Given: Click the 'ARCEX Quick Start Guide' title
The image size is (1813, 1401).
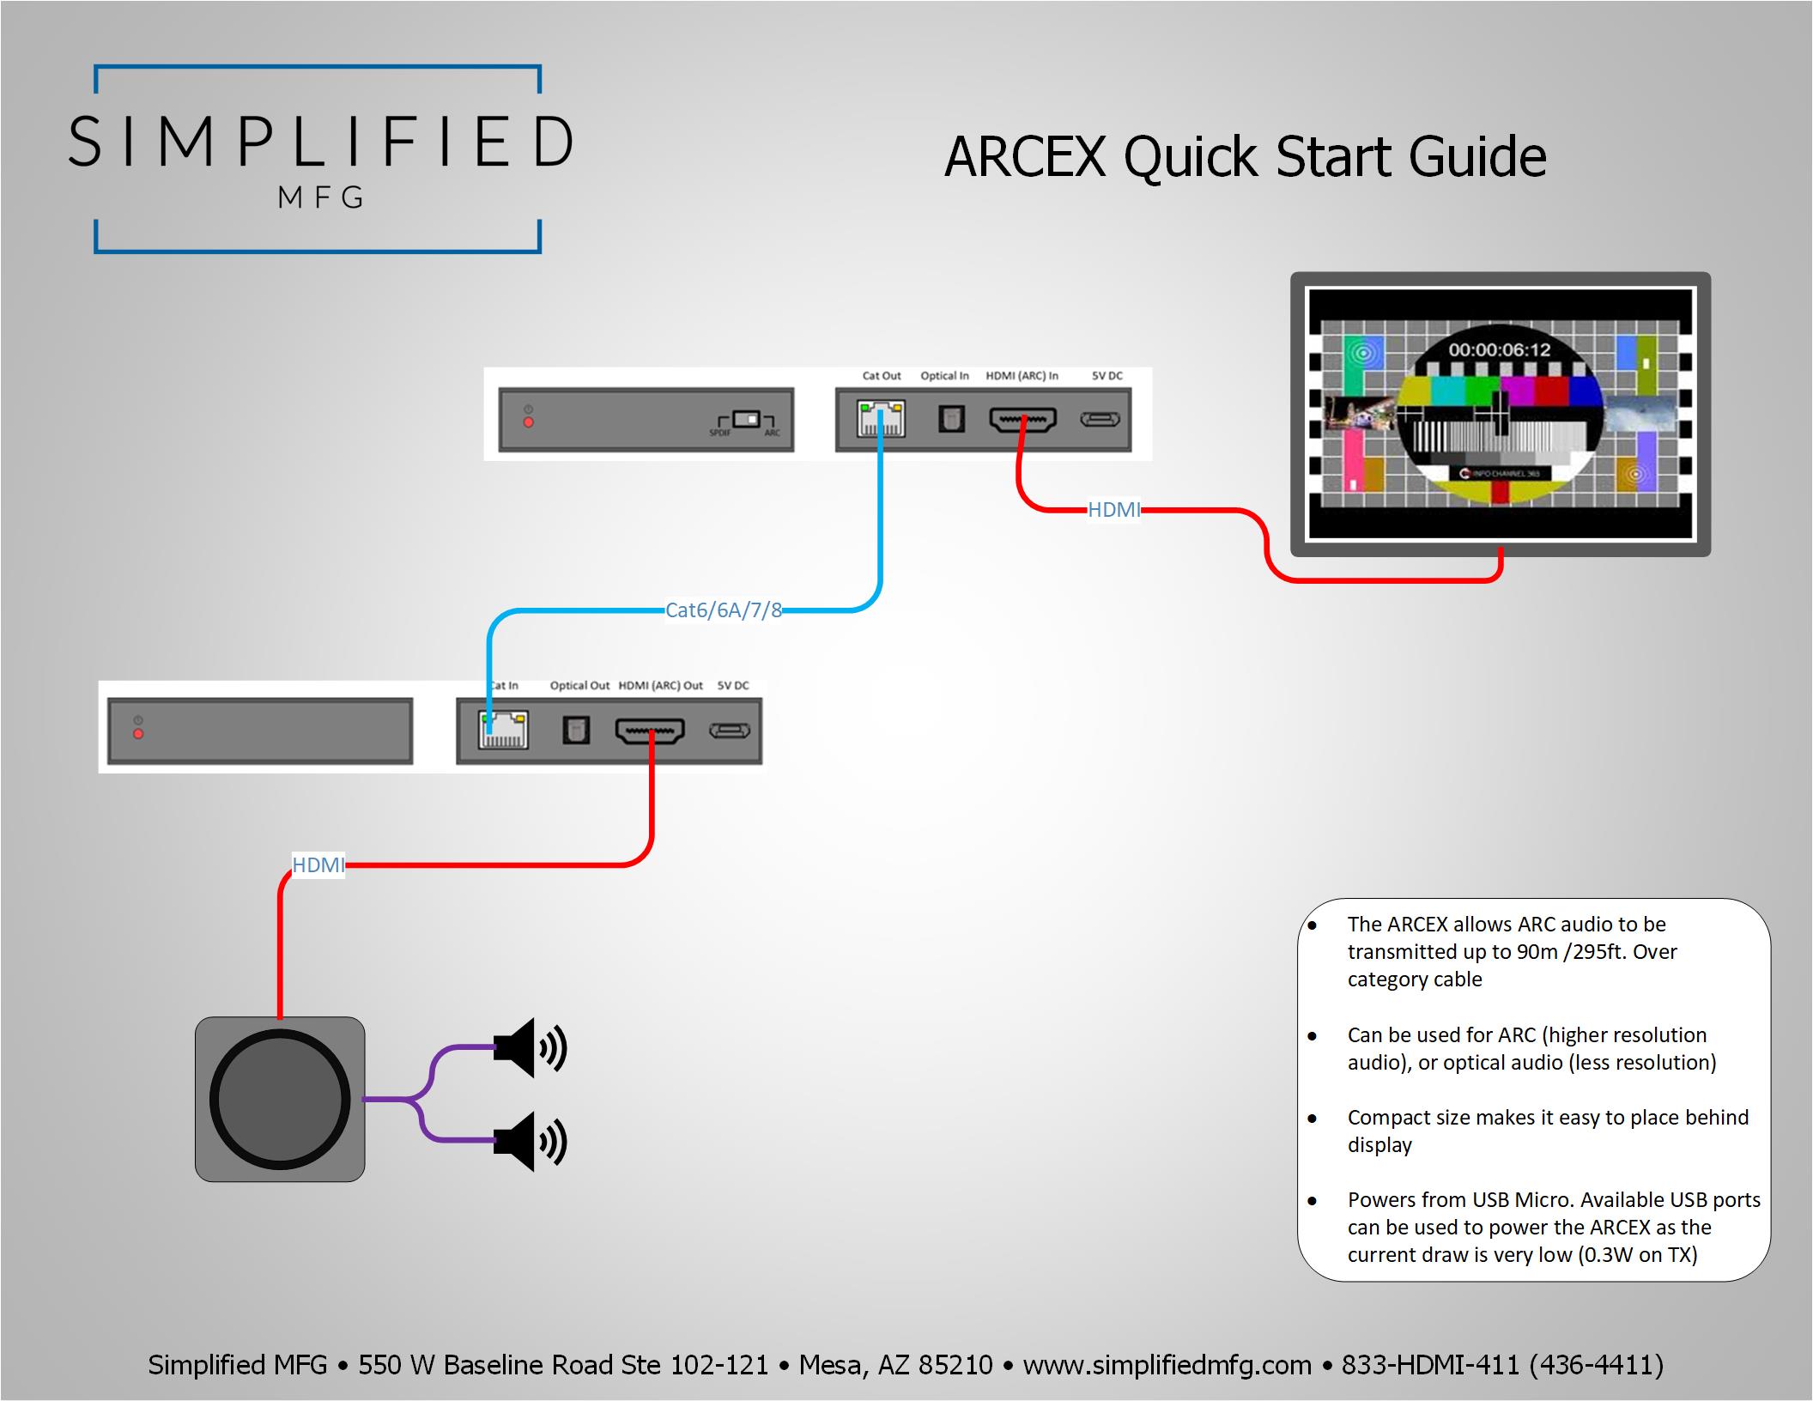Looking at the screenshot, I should (x=1245, y=157).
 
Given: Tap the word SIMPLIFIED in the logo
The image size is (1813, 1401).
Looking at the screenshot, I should (x=320, y=142).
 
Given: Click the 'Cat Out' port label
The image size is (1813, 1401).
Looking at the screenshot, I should (x=882, y=376).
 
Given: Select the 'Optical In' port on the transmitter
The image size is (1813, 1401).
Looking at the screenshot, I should (x=950, y=419).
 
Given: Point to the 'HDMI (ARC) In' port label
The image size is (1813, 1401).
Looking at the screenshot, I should (x=1022, y=376).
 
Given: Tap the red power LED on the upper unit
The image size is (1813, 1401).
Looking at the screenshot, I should (x=529, y=422).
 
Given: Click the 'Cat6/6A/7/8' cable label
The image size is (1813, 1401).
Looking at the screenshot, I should (x=724, y=610).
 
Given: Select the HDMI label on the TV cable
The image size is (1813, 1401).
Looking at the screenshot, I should (x=1114, y=510).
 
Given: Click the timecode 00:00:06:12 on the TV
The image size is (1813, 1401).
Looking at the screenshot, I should (x=1500, y=350).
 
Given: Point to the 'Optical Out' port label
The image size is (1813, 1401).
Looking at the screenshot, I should (x=579, y=686).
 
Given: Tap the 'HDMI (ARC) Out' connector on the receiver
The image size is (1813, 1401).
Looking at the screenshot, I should (x=650, y=731).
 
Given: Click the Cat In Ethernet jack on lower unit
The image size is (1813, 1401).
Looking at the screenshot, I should (x=503, y=731).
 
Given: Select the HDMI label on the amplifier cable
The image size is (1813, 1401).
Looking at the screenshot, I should (x=318, y=865).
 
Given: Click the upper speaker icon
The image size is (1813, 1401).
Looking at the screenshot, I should (x=530, y=1047).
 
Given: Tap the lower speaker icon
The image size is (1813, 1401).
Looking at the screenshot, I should (x=530, y=1141).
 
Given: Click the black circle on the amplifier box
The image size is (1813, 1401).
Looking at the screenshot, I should (x=280, y=1100).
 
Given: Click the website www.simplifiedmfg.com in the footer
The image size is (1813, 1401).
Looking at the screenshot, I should (x=1167, y=1365).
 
